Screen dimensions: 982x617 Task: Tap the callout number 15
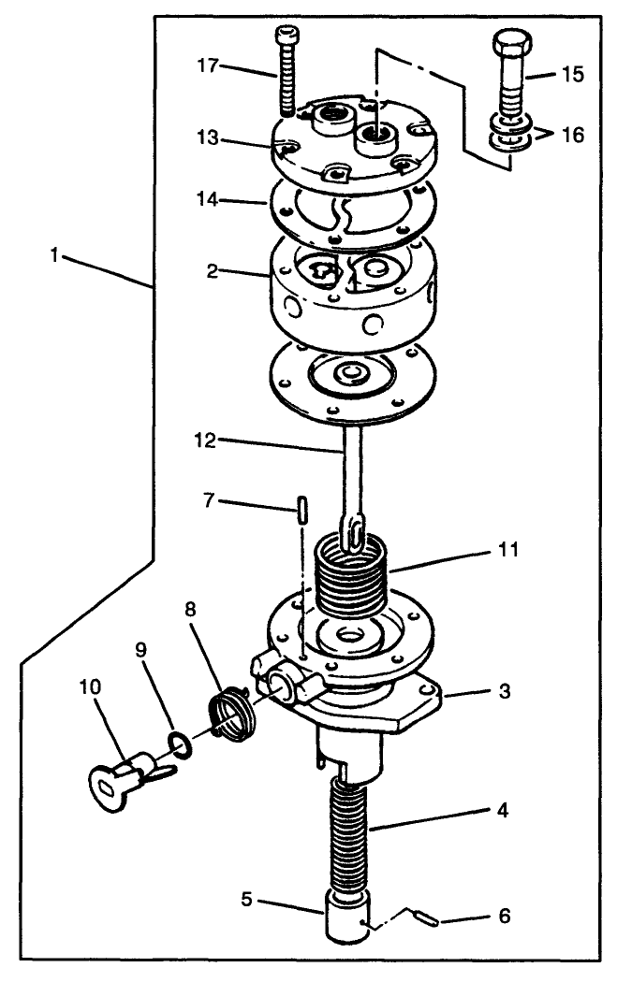[572, 75]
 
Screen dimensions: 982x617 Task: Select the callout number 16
[572, 135]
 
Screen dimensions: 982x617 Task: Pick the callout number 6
[505, 917]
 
